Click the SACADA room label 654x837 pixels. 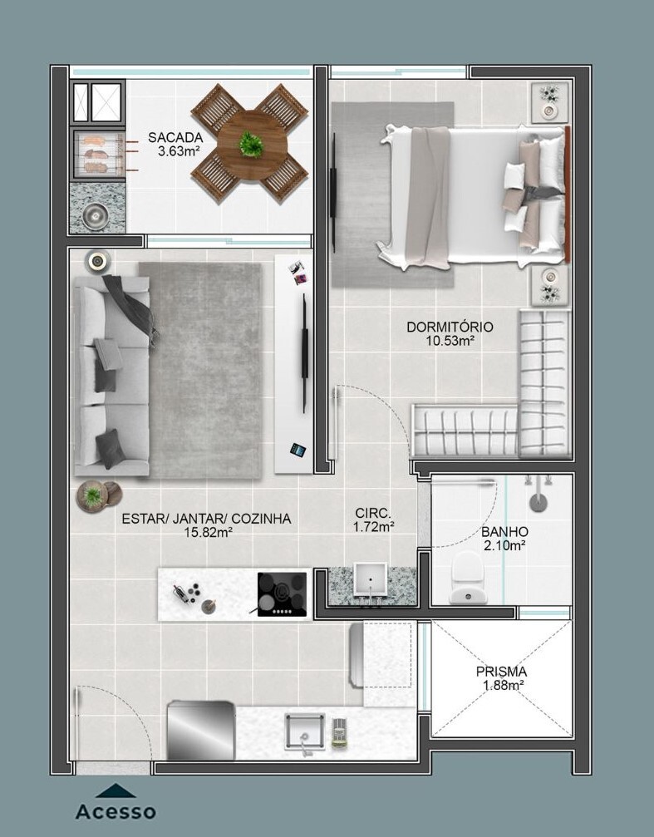tap(175, 138)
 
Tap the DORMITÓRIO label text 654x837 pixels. tap(450, 327)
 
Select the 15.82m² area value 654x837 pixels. tap(208, 532)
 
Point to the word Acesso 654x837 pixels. tap(116, 812)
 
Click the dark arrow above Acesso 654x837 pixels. tap(116, 790)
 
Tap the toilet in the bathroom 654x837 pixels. tap(467, 578)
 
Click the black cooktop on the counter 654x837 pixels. tap(282, 594)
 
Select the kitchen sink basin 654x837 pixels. tap(304, 731)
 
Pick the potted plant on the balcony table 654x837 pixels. tap(251, 144)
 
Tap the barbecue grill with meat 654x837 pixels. tap(99, 154)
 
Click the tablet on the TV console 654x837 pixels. tap(297, 450)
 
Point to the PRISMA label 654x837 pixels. tap(501, 672)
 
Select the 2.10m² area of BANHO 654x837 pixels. tap(504, 545)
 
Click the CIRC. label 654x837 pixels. tap(373, 514)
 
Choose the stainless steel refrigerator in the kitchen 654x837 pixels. tap(201, 731)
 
